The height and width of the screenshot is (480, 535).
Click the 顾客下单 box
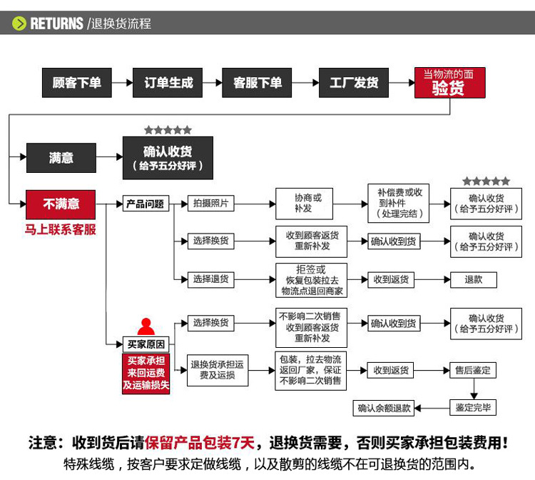pos(77,83)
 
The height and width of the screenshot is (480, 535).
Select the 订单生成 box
pos(168,83)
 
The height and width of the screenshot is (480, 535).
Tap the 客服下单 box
pos(258,83)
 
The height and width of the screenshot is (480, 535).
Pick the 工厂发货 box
pos(353,83)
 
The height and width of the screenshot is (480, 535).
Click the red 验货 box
pos(449,83)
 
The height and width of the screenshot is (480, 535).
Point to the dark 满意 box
pos(61,158)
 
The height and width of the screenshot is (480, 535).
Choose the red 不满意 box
pos(61,204)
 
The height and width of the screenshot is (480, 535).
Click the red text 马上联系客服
pos(61,230)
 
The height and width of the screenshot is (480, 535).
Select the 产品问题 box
pos(145,204)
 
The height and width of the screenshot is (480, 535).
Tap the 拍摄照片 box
pos(211,204)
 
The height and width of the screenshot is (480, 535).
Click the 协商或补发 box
pos(311,204)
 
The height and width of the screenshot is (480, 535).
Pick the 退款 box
pos(474,279)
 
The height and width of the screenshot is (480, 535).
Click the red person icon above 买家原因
pos(146,327)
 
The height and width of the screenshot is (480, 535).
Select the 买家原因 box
pos(146,344)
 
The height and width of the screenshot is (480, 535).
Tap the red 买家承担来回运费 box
pos(146,373)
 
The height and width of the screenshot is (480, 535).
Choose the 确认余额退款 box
pos(384,408)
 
